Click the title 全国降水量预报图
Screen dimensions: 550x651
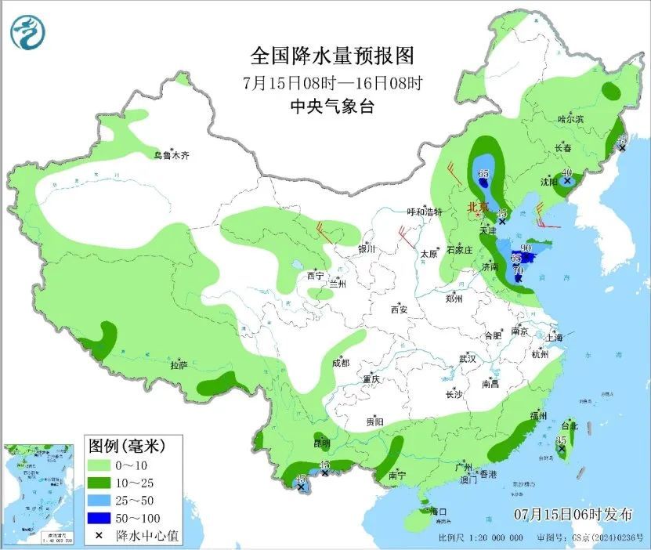tap(331, 56)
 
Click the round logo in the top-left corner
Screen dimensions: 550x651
tap(28, 31)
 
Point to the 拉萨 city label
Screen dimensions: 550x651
tap(179, 365)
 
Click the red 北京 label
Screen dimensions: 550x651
tap(477, 208)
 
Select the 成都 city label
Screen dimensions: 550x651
tap(341, 363)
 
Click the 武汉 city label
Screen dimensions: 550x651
tap(468, 358)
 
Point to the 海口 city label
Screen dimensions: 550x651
tap(438, 512)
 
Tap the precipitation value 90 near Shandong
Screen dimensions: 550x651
tap(526, 248)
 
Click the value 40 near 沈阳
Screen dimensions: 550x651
tap(566, 172)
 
